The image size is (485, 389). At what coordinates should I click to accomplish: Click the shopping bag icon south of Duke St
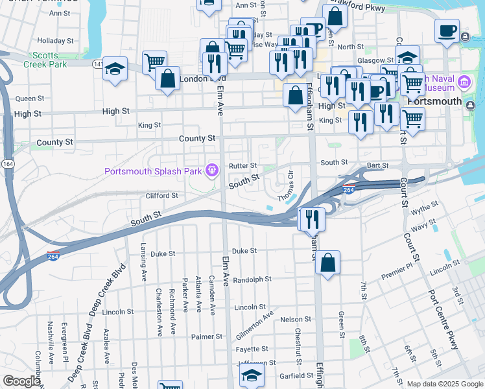pyautogui.click(x=329, y=263)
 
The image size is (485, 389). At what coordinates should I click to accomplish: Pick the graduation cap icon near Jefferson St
pyautogui.click(x=252, y=375)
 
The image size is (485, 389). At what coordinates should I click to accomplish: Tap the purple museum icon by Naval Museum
pyautogui.click(x=464, y=83)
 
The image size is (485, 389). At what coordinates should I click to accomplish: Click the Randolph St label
pyautogui.click(x=252, y=279)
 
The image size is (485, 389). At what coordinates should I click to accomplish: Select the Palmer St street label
pyautogui.click(x=207, y=337)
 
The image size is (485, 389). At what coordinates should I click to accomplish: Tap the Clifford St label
pyautogui.click(x=161, y=195)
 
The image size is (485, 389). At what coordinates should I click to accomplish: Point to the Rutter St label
pyautogui.click(x=243, y=166)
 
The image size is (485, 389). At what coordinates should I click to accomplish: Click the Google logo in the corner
pyautogui.click(x=21, y=381)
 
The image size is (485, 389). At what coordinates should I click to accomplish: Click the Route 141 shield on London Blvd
pyautogui.click(x=98, y=64)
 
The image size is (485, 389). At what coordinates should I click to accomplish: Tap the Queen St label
pyautogui.click(x=29, y=99)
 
